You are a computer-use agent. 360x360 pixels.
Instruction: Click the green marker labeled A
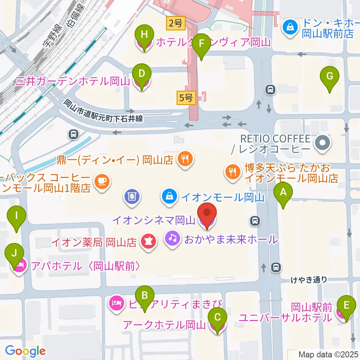click(283, 193)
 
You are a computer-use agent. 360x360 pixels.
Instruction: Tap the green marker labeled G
click(330, 77)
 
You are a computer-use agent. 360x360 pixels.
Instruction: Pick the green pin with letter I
click(16, 216)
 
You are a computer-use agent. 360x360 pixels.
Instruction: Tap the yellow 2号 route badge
click(175, 24)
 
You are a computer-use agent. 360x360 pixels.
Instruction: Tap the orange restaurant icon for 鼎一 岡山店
click(184, 160)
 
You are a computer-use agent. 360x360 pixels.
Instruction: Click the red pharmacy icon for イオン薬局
click(148, 242)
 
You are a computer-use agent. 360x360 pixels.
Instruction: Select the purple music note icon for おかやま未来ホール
click(172, 238)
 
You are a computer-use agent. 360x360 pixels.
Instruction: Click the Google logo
click(25, 351)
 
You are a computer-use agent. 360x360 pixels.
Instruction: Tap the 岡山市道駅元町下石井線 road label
click(103, 111)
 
